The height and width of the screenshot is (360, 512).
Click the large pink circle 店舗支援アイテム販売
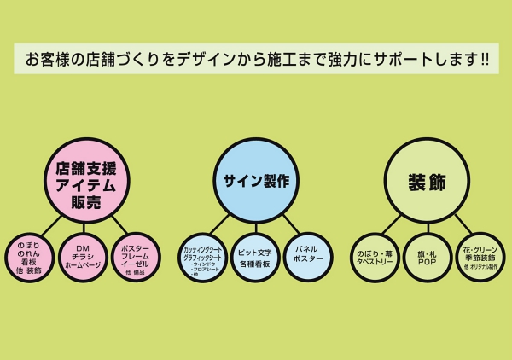[x=86, y=180]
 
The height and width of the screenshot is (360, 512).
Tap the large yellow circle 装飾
[x=427, y=181]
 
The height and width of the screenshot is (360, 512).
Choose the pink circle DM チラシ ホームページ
[x=84, y=257]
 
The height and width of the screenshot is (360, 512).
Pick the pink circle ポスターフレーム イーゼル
[x=136, y=257]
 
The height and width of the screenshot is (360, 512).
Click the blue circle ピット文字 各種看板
[x=255, y=257]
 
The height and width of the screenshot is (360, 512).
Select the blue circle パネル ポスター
[x=307, y=257]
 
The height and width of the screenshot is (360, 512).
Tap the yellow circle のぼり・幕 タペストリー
[x=375, y=257]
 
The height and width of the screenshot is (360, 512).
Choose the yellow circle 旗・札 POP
[x=427, y=257]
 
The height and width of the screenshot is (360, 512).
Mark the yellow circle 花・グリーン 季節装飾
[x=480, y=257]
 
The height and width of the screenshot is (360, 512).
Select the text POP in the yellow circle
[x=427, y=264]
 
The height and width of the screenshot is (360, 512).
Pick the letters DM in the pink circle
[x=84, y=246]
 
